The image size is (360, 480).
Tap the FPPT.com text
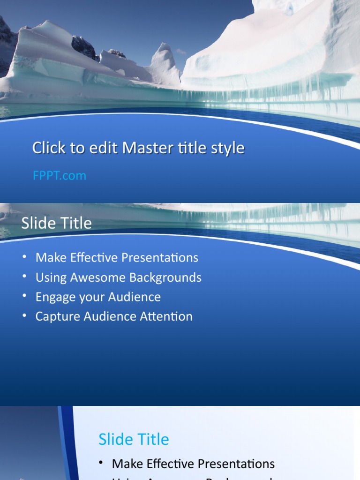pyautogui.click(x=60, y=176)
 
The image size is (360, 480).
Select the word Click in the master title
pyautogui.click(x=48, y=148)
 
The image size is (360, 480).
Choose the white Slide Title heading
pyautogui.click(x=56, y=223)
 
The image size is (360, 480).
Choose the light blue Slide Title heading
pyautogui.click(x=134, y=439)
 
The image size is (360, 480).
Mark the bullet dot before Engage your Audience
pyautogui.click(x=24, y=296)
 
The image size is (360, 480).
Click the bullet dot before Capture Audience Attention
pyautogui.click(x=24, y=315)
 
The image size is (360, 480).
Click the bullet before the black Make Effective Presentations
pyautogui.click(x=101, y=463)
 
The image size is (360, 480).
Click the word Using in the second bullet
pyautogui.click(x=51, y=277)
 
